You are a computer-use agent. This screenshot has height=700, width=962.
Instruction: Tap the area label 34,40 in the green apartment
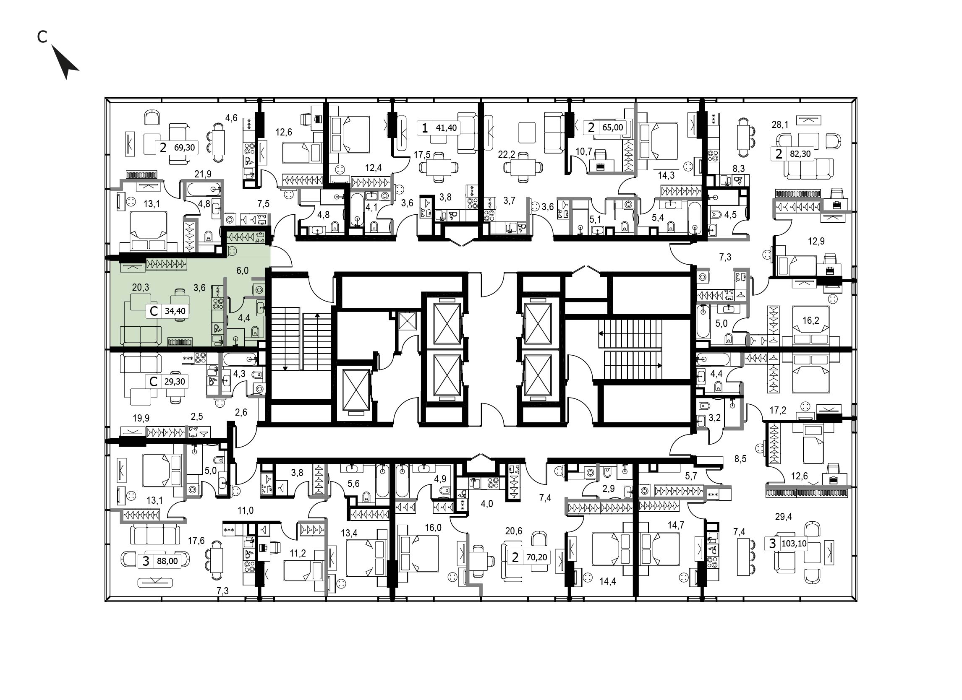click(x=175, y=311)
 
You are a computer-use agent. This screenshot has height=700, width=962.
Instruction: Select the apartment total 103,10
click(x=794, y=544)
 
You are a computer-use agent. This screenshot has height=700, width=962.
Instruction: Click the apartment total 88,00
click(x=167, y=562)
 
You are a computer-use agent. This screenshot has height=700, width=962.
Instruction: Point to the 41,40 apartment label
click(x=447, y=128)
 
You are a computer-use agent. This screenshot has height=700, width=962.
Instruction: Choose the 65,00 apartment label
click(x=613, y=127)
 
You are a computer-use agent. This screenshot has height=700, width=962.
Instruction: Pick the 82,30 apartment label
click(x=800, y=154)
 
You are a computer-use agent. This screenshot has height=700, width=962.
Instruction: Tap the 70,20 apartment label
click(x=536, y=557)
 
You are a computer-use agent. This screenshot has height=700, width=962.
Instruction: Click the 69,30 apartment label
click(x=185, y=148)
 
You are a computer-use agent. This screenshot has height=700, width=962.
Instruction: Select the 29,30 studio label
click(x=175, y=382)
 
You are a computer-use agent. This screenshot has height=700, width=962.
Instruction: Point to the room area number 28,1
click(x=779, y=125)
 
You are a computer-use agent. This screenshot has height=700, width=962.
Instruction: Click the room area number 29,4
click(x=784, y=517)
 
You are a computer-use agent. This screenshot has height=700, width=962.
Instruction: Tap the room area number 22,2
click(x=507, y=154)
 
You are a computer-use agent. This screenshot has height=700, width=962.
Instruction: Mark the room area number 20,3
click(x=141, y=287)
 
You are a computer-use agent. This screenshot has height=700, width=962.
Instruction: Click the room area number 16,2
click(x=810, y=320)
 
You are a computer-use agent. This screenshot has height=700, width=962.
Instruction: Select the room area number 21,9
click(x=203, y=174)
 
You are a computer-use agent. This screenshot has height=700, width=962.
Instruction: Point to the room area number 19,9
click(x=141, y=418)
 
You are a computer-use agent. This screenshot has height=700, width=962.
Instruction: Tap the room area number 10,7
click(x=584, y=151)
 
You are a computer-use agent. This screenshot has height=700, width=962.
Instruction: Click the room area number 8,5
click(x=740, y=459)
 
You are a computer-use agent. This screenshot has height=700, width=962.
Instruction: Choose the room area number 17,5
click(x=422, y=155)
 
